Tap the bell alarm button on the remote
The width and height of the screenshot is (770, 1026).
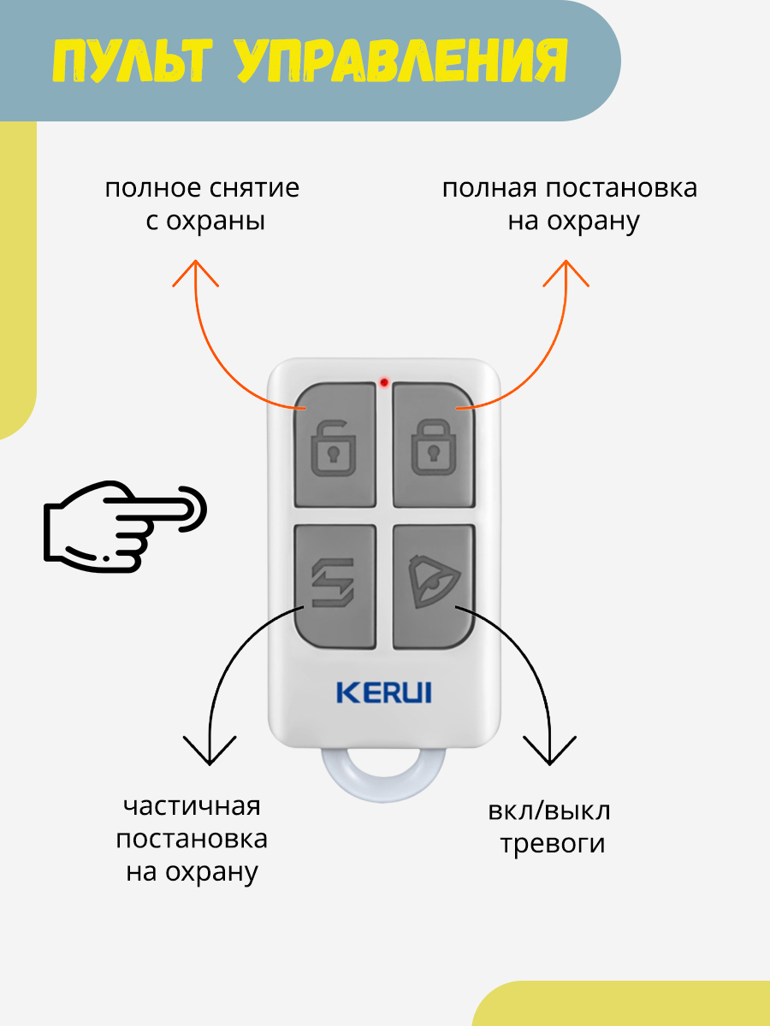pyautogui.click(x=434, y=586)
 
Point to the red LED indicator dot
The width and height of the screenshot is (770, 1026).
pyautogui.click(x=384, y=381)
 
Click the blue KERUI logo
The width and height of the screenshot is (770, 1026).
pyautogui.click(x=384, y=692)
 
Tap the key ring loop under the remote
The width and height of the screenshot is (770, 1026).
pyautogui.click(x=383, y=775)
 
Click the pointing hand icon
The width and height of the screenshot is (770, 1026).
pyautogui.click(x=125, y=525)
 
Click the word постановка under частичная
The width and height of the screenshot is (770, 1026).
pyautogui.click(x=192, y=839)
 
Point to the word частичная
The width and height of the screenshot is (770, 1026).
pyautogui.click(x=192, y=806)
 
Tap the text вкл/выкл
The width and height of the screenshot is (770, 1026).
pyautogui.click(x=550, y=811)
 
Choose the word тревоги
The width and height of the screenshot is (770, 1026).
pyautogui.click(x=553, y=844)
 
